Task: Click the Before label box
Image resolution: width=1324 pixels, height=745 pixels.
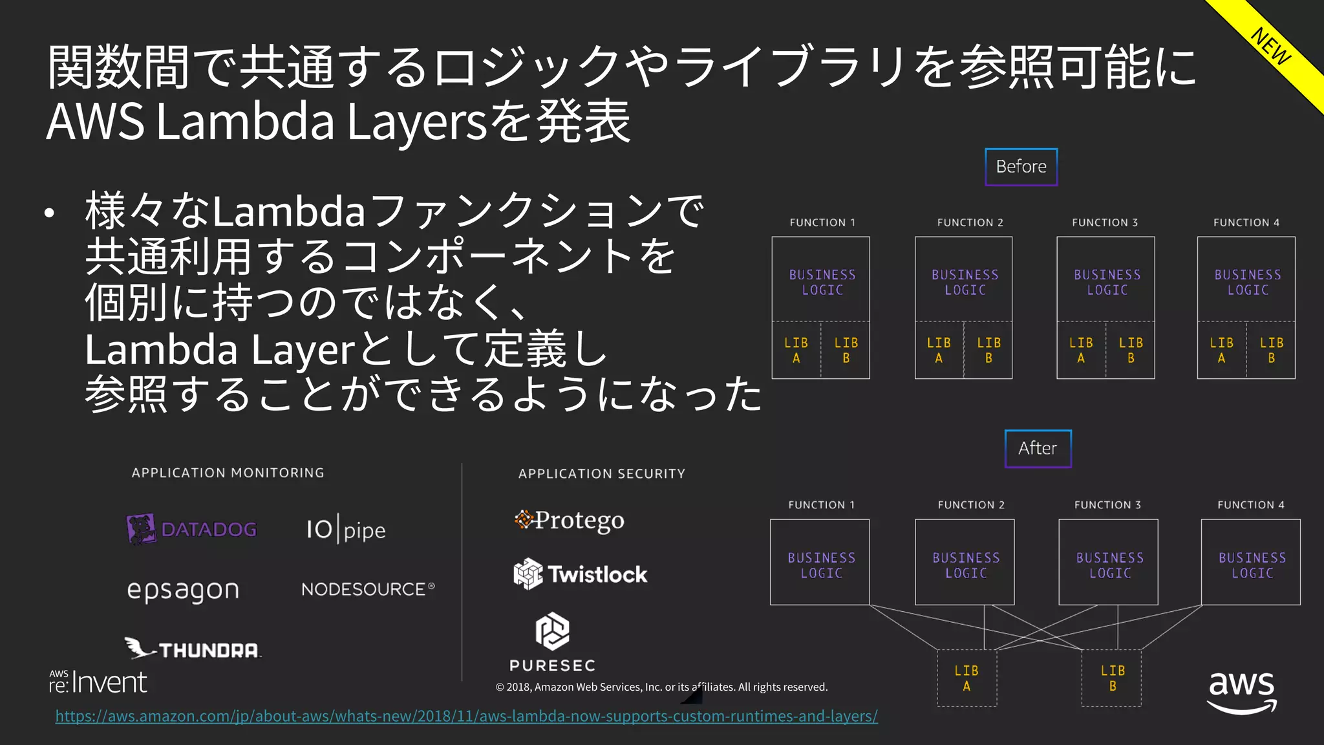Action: [1021, 167]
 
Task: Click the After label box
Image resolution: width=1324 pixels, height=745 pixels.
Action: [1038, 448]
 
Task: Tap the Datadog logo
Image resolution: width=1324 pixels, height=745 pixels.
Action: [191, 529]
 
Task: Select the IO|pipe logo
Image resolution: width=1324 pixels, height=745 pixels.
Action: [346, 530]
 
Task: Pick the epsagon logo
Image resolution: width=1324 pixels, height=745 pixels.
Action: [183, 590]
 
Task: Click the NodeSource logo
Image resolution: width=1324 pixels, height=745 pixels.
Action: [368, 589]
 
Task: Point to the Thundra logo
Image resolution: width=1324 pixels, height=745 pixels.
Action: [193, 648]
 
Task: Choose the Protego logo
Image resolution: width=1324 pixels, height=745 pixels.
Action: [570, 520]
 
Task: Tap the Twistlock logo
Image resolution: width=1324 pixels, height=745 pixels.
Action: [580, 574]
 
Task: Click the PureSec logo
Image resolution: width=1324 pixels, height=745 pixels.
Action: [552, 642]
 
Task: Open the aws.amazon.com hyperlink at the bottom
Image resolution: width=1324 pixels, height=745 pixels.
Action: [466, 717]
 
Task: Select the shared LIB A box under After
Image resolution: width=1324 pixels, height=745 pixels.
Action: [966, 678]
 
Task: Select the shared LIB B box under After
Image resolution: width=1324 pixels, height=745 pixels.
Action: [1112, 678]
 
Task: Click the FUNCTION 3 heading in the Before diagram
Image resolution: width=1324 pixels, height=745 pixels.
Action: [1105, 222]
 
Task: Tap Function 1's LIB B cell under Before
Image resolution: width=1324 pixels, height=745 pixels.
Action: [846, 350]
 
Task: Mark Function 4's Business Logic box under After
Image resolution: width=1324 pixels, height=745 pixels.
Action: [1251, 562]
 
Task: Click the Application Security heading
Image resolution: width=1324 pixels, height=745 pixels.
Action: [601, 473]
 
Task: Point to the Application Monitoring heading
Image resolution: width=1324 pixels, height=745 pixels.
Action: [228, 473]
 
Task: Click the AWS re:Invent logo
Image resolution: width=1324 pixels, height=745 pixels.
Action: [98, 682]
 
